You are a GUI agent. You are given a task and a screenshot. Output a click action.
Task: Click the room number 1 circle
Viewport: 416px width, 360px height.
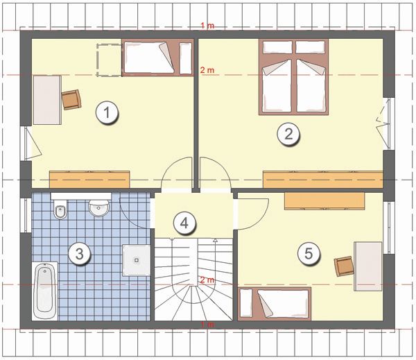tap(107, 112)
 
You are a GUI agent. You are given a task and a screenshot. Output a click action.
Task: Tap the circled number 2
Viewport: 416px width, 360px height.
tap(288, 134)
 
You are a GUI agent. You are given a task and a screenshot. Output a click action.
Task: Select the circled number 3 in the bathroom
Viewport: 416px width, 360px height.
tap(80, 254)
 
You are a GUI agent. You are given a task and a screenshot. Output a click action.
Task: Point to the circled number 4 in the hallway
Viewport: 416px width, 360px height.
tap(184, 223)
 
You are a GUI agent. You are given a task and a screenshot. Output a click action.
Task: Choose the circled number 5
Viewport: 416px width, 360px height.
tap(309, 253)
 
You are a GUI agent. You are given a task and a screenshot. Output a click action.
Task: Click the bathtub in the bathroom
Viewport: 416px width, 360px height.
tap(45, 291)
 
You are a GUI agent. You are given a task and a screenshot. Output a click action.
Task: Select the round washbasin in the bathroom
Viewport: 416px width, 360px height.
tap(98, 207)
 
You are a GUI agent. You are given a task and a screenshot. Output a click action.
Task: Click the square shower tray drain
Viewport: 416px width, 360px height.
tap(137, 260)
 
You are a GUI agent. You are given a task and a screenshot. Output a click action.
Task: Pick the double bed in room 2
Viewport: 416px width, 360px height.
tap(294, 77)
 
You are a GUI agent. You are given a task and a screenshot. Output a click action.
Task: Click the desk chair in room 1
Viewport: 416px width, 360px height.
tap(71, 99)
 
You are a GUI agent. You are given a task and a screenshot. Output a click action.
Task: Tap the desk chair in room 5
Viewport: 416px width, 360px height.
tap(344, 266)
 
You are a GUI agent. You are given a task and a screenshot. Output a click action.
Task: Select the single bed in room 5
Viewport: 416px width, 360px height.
tap(275, 303)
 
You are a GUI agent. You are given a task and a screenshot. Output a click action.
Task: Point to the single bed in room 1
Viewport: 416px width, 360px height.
tap(157, 58)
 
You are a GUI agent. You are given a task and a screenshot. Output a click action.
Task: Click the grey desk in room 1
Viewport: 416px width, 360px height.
tap(47, 100)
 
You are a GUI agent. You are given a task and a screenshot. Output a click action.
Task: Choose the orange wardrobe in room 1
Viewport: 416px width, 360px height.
tap(89, 180)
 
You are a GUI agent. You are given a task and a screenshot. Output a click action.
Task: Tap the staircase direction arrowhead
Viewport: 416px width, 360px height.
tap(215, 240)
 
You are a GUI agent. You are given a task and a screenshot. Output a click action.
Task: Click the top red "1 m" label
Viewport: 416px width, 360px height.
tap(207, 26)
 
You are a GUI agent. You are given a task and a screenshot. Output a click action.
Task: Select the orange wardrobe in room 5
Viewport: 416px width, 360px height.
tap(324, 201)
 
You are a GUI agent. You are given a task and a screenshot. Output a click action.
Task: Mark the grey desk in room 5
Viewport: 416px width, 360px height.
tap(368, 266)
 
